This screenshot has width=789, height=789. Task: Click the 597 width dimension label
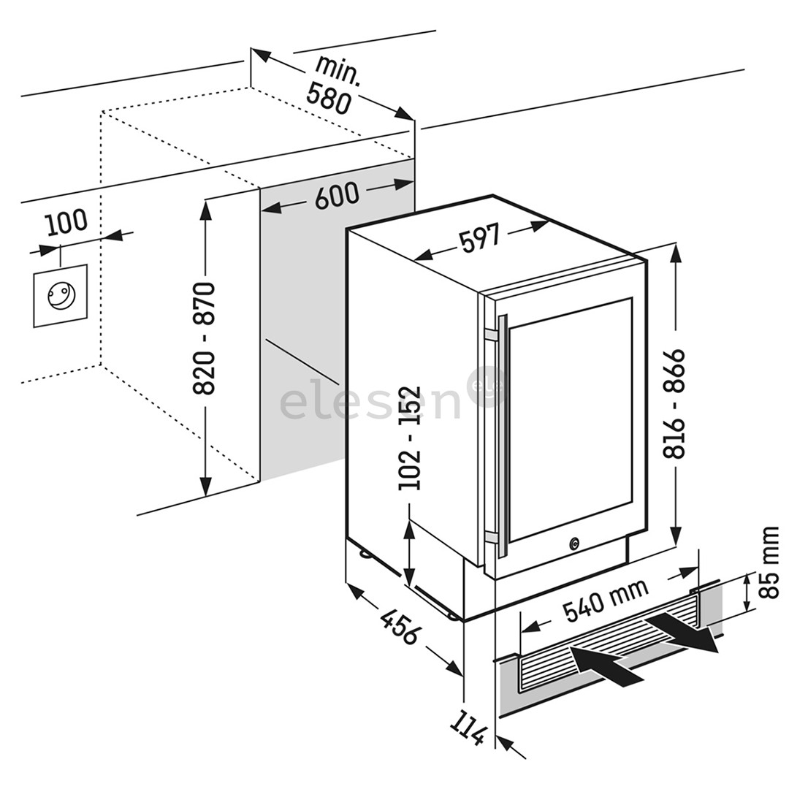point(480,239)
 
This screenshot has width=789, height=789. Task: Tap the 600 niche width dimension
point(337,196)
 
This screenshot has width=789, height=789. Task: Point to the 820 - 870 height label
point(205,338)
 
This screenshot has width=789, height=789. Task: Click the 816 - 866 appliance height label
point(676,404)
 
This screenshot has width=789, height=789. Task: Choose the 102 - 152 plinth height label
point(411,438)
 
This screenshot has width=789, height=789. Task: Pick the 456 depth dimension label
point(400,625)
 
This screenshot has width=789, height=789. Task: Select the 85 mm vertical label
point(769,563)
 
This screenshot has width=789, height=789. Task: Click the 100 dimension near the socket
point(66,222)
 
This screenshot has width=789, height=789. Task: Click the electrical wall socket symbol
point(60,295)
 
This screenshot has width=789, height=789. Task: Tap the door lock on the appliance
point(574,544)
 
